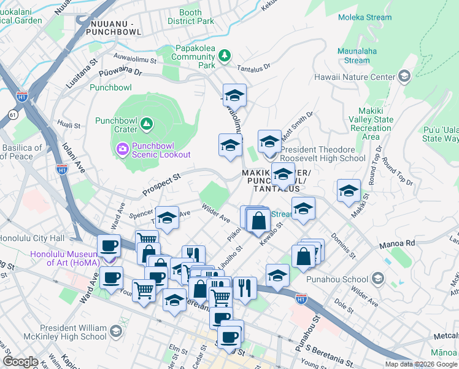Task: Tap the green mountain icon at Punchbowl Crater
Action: [147, 125]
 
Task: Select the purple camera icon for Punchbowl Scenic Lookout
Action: [122, 148]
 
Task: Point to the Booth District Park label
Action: [190, 17]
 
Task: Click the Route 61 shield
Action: [12, 114]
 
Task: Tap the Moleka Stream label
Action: [364, 17]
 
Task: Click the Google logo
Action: [20, 362]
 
